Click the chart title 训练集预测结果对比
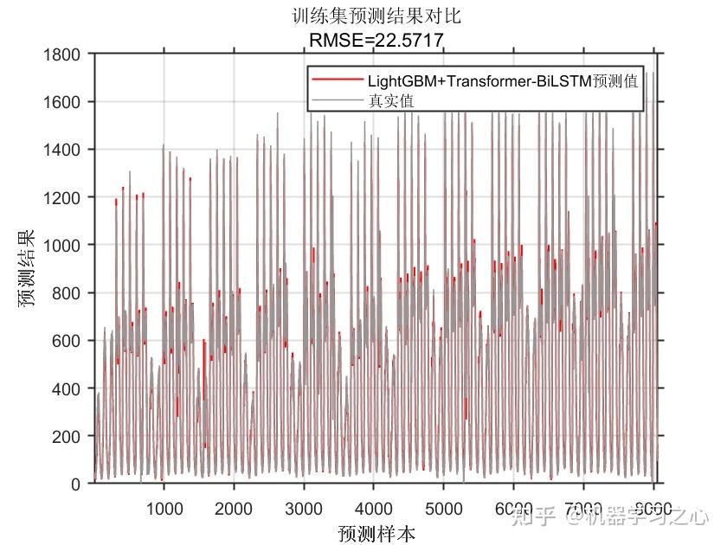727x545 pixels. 376,16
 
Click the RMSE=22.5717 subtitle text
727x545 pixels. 376,39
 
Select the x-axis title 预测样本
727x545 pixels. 376,533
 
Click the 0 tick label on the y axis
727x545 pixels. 76,484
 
